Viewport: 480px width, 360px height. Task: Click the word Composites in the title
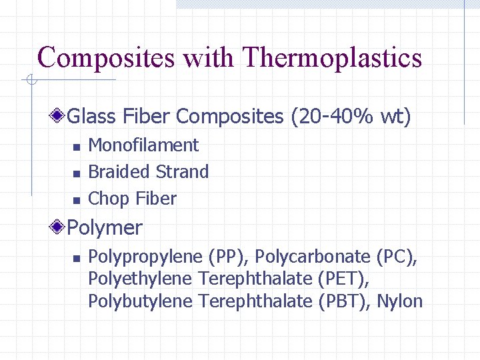point(105,58)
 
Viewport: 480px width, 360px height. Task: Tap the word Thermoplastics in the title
point(333,58)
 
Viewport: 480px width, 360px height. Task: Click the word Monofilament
point(143,145)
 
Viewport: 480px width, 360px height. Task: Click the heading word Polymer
point(105,228)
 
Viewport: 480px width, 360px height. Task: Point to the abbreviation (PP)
point(229,257)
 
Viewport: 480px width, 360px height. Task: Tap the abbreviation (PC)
point(397,257)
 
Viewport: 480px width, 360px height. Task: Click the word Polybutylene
point(141,301)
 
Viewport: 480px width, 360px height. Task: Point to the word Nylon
point(400,301)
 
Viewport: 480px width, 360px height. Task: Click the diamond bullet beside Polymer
point(59,228)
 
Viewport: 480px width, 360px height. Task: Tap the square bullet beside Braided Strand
point(77,173)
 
